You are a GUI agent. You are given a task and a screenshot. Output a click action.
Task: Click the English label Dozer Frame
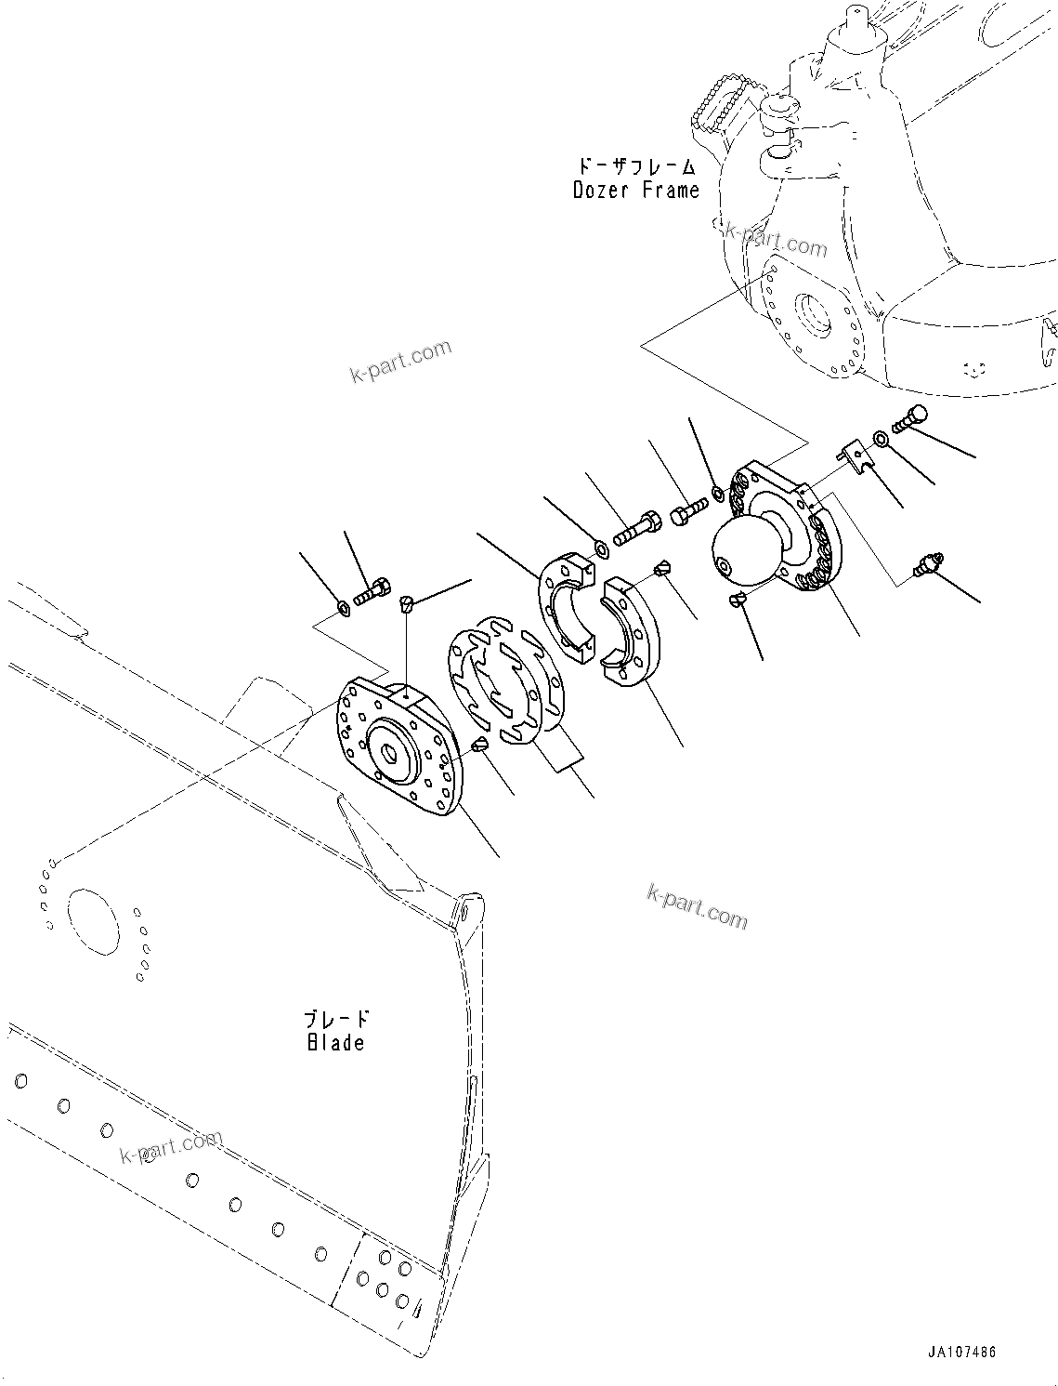635,191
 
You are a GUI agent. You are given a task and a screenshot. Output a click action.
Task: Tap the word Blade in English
335,1042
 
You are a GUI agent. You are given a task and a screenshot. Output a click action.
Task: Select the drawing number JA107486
960,1352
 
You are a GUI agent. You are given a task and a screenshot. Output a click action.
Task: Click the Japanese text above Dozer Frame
636,166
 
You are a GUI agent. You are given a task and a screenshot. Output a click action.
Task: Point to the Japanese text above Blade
337,1019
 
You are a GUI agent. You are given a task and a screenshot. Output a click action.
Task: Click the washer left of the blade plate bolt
344,608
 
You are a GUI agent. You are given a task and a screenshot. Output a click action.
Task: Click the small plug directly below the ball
737,600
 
